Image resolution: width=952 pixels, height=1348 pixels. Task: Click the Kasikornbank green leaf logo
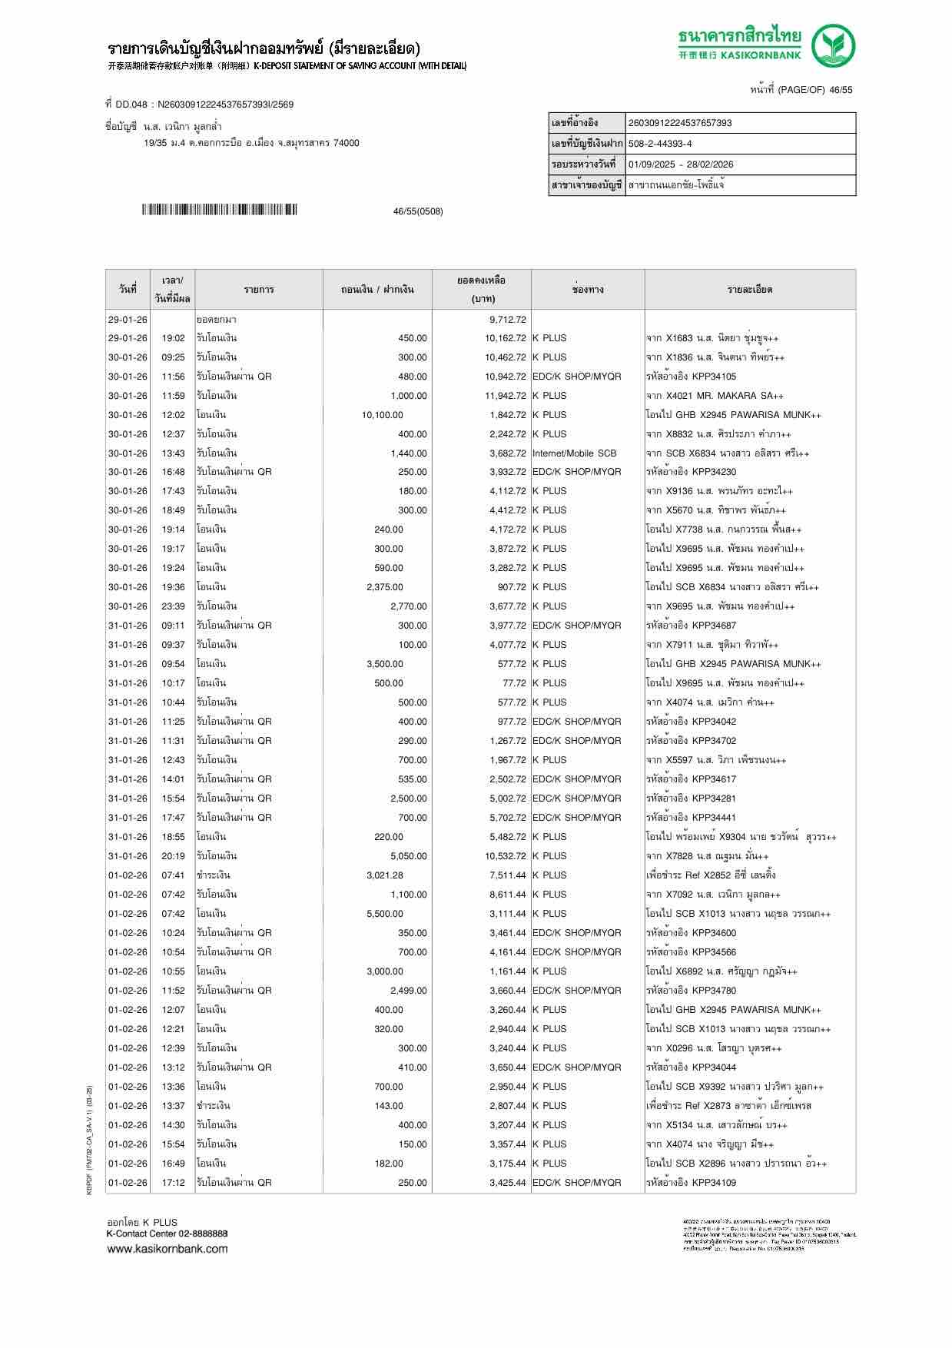834,45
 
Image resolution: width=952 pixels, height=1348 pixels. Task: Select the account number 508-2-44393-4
660,144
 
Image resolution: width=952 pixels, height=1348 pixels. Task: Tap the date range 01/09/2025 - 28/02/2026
681,164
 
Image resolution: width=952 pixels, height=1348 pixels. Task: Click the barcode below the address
219,210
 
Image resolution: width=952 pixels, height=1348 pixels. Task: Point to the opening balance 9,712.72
507,319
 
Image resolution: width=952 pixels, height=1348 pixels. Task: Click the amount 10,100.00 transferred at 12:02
382,415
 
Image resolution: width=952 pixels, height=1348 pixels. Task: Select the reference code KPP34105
714,377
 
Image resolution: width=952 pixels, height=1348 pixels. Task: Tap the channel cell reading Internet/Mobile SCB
574,453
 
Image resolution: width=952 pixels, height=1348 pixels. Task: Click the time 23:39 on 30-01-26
173,606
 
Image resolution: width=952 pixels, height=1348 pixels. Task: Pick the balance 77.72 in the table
514,683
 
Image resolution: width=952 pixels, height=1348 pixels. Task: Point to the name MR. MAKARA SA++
740,396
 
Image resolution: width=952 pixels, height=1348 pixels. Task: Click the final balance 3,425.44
507,1183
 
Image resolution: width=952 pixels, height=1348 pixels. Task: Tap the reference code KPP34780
714,991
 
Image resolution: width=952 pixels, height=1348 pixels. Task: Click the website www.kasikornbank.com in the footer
168,1248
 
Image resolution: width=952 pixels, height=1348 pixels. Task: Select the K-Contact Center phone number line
167,1233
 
